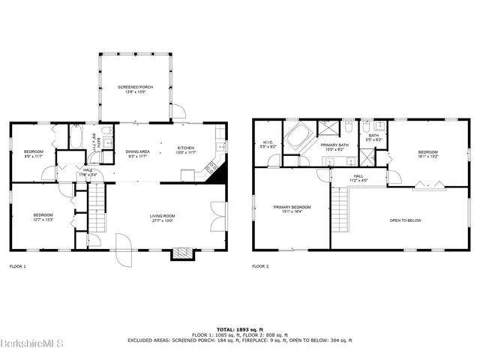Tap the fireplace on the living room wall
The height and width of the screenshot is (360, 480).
click(x=181, y=253)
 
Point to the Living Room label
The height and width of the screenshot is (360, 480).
click(x=162, y=218)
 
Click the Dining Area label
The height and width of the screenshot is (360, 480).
click(x=137, y=154)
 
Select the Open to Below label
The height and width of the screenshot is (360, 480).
click(x=404, y=220)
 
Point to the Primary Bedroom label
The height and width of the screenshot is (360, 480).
click(x=292, y=209)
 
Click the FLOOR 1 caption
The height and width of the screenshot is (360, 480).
click(x=17, y=266)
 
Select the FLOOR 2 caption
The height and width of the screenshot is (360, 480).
click(x=260, y=266)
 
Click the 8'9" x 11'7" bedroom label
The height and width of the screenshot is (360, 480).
click(x=34, y=154)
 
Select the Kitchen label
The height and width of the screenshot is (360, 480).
click(x=186, y=151)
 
